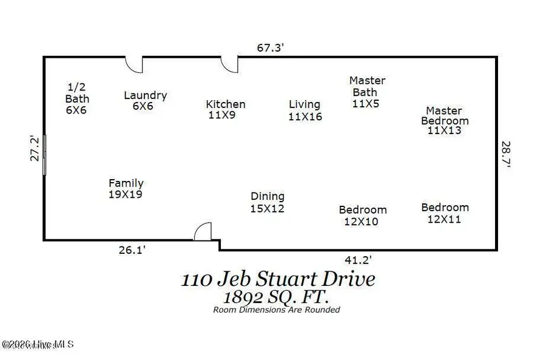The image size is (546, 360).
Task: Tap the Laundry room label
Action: coord(145,95)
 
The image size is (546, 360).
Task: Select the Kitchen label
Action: coord(225,104)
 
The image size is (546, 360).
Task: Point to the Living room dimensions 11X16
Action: coord(305,117)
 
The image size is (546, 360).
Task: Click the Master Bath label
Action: coord(367,86)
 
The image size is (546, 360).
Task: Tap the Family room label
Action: coord(126,183)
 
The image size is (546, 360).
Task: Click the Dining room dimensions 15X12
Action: coord(268,208)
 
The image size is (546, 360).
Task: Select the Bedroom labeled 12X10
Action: coord(362,210)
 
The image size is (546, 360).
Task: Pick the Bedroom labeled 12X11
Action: coord(445,208)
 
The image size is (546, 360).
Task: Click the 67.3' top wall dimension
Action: coord(271,47)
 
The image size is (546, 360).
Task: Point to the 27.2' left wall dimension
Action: coord(35,148)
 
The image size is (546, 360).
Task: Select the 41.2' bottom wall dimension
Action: coord(358,260)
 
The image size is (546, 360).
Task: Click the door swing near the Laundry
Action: coord(133,64)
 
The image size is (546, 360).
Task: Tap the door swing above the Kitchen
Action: coord(229,64)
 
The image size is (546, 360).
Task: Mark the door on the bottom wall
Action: coord(203,231)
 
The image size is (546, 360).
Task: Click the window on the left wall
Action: coord(44,155)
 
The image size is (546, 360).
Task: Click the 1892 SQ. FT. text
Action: coord(276,297)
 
